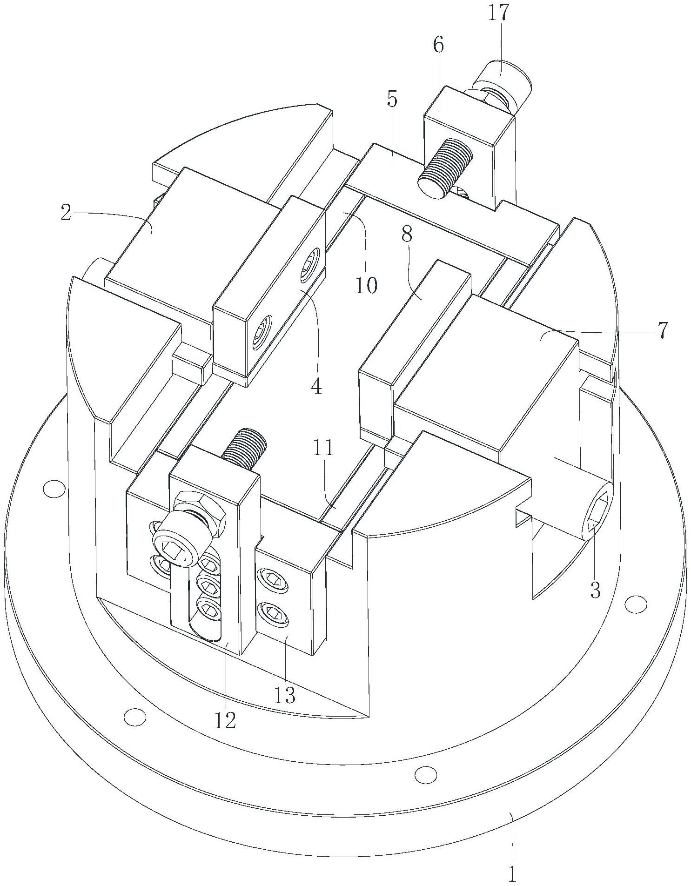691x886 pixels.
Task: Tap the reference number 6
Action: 438,46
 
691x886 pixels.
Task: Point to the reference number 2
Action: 66,213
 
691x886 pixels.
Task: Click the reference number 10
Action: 366,285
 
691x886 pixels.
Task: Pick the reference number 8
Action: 407,235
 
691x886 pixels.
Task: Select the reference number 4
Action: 316,386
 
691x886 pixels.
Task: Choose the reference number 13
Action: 285,695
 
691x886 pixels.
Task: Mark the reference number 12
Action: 226,720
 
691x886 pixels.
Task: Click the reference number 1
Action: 512,874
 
